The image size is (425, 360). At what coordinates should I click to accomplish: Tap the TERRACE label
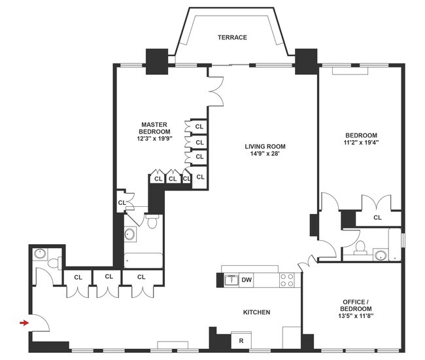point(232,37)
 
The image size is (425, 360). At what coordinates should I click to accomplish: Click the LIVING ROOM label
point(265,147)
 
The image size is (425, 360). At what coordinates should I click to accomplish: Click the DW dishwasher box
point(246,281)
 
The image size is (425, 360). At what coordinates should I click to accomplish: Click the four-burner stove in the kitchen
point(286,280)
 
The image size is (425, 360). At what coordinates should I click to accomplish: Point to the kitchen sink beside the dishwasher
point(230,281)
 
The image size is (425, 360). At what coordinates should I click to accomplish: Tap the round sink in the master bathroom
point(130,234)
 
